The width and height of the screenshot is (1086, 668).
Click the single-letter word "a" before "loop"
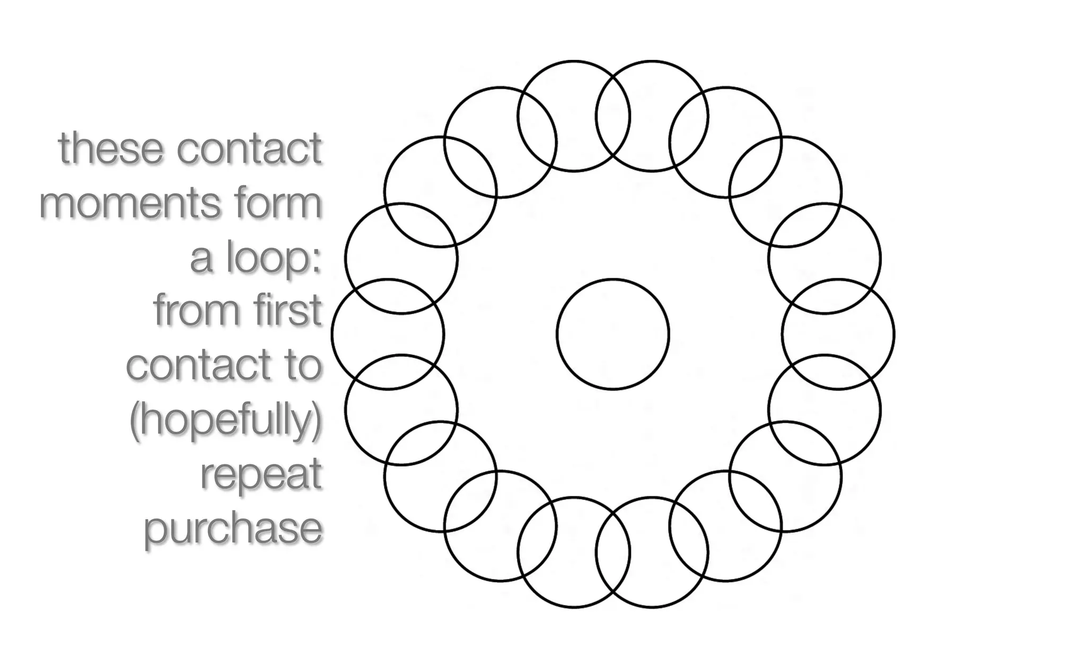pos(202,259)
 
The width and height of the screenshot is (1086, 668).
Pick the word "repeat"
pos(261,475)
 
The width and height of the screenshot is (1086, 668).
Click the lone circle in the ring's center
pos(613,335)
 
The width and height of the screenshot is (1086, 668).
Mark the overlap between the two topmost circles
pos(613,117)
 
